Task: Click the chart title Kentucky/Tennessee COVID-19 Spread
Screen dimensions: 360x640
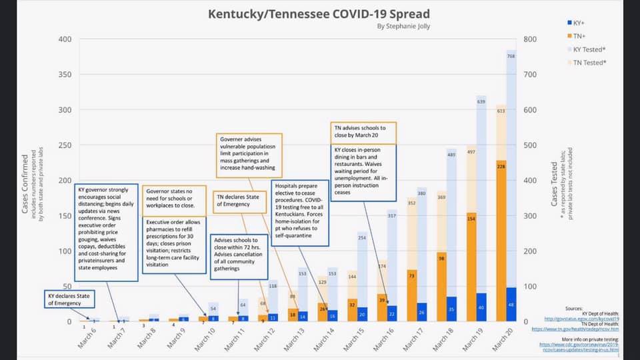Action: tap(319, 13)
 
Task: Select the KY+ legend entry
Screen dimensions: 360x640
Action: tap(574, 23)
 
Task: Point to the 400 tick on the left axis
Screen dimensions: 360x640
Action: tap(65, 39)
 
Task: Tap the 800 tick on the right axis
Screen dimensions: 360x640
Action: tap(530, 39)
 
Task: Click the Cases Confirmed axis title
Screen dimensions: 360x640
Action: tap(25, 181)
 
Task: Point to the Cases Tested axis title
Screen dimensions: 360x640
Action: tap(555, 181)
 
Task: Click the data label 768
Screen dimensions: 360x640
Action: tap(511, 57)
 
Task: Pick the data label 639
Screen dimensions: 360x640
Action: tap(481, 101)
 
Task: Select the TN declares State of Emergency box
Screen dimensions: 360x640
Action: tap(240, 201)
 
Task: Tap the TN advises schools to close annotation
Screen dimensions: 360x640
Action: tap(363, 131)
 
